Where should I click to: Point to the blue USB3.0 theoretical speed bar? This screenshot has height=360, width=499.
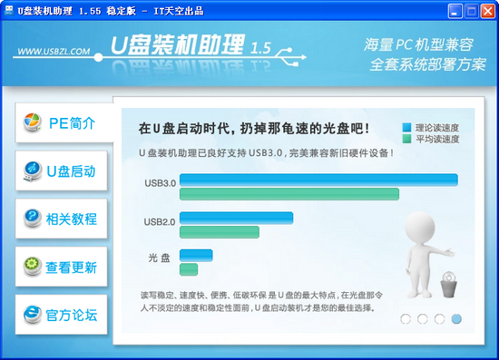click(x=318, y=180)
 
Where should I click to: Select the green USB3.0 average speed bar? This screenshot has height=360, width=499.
click(x=289, y=194)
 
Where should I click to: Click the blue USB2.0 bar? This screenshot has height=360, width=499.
click(x=236, y=218)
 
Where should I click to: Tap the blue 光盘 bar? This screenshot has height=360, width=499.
click(x=196, y=255)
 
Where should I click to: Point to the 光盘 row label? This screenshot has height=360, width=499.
click(x=160, y=258)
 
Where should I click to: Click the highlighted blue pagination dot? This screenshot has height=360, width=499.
click(x=456, y=318)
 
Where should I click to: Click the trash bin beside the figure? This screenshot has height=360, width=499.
click(x=448, y=287)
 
